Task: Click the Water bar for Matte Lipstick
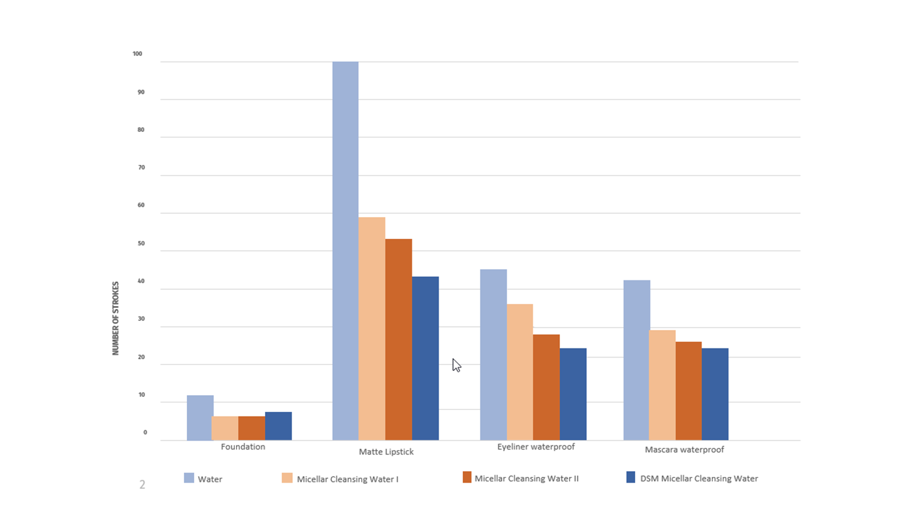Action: click(x=345, y=251)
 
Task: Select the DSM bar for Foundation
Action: click(x=278, y=426)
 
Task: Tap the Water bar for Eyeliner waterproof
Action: click(x=494, y=355)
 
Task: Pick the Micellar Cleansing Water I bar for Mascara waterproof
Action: click(x=662, y=385)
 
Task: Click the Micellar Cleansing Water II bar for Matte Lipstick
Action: click(x=399, y=339)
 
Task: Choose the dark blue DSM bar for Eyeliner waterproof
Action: click(x=573, y=394)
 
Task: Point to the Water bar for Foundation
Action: click(x=200, y=417)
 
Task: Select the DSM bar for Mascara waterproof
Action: click(x=715, y=394)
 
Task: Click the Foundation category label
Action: click(x=243, y=447)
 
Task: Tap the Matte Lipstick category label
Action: click(x=386, y=452)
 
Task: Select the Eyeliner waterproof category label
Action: click(x=536, y=447)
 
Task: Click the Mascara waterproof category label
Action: click(x=684, y=449)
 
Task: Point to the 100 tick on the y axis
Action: click(x=138, y=54)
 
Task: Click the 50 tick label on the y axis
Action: click(x=141, y=243)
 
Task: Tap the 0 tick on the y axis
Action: click(x=145, y=432)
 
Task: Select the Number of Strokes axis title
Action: click(x=115, y=318)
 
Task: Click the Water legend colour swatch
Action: click(x=189, y=478)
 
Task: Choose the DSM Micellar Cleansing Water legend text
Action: click(x=699, y=479)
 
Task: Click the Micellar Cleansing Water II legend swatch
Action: click(x=467, y=477)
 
